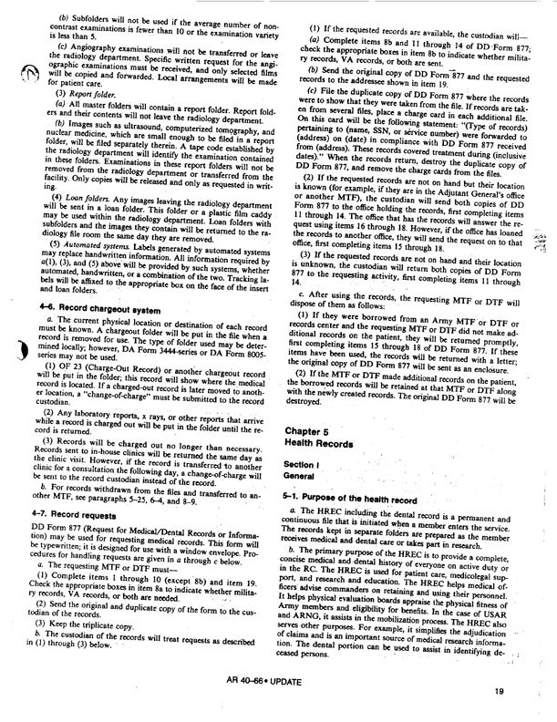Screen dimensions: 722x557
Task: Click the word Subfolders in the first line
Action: coord(95,19)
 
